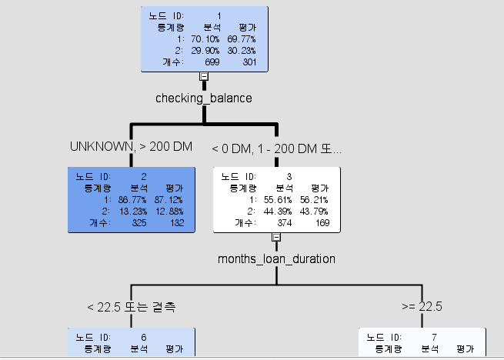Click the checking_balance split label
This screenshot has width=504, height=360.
(203, 98)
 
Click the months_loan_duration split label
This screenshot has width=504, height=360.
(276, 258)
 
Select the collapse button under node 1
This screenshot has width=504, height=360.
(204, 75)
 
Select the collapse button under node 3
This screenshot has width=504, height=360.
(276, 237)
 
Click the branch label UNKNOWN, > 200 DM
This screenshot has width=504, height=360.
(130, 146)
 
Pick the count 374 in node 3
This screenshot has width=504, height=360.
(282, 223)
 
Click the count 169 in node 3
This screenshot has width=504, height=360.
(319, 223)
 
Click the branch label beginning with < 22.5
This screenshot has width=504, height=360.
(132, 307)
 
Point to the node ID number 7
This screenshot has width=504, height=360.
(434, 338)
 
